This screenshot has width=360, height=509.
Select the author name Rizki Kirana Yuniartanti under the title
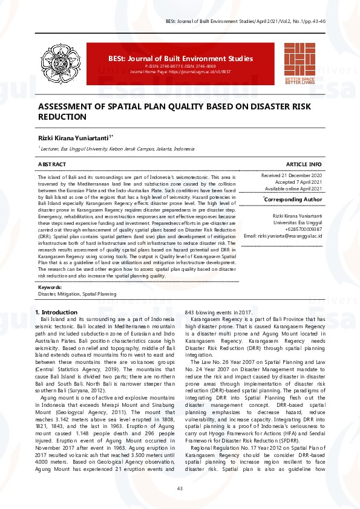tap(74, 138)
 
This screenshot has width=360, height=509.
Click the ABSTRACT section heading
tap(52, 164)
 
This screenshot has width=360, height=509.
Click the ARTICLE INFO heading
tap(304, 164)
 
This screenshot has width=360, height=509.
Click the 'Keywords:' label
tap(50, 287)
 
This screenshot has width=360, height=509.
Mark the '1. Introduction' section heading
tap(56, 312)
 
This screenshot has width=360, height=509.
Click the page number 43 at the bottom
tap(180, 488)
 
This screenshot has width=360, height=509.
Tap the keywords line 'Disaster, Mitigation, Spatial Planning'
tap(77, 294)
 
